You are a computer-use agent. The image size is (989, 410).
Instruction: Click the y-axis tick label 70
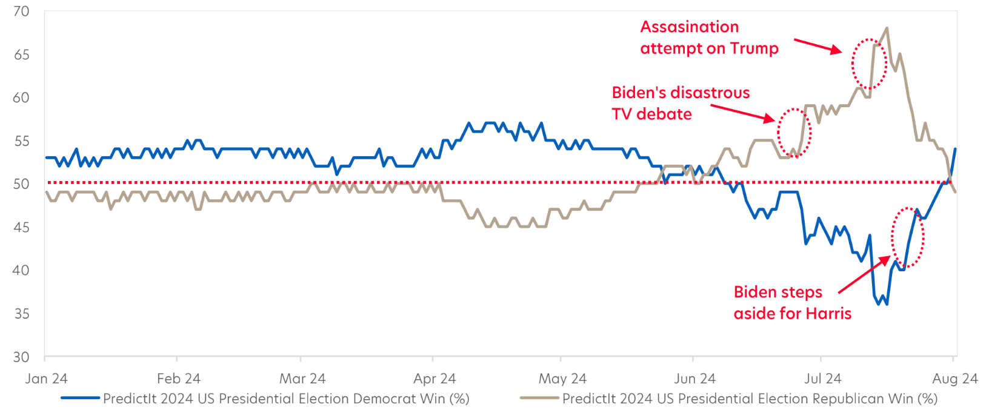(x=21, y=12)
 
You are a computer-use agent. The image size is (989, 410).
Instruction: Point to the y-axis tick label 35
(x=21, y=314)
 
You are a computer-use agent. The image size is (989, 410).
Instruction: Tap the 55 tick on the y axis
(x=21, y=141)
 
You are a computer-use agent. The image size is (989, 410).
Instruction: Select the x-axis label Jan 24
(x=46, y=379)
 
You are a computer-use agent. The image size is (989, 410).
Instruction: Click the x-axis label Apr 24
(x=435, y=379)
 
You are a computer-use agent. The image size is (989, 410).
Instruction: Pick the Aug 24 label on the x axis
(x=954, y=379)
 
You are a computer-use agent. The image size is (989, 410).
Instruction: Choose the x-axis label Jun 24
(x=694, y=379)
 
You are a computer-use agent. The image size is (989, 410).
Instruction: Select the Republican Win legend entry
(x=750, y=398)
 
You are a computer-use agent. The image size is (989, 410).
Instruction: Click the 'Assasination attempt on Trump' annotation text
(x=709, y=38)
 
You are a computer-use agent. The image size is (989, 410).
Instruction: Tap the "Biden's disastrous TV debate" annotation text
(x=681, y=103)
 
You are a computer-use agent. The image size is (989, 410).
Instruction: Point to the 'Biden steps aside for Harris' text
(x=792, y=303)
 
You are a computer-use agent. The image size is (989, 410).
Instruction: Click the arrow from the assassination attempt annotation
(x=818, y=46)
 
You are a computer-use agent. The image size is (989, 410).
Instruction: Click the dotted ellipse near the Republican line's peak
(x=870, y=64)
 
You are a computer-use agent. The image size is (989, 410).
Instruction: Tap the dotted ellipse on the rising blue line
(x=908, y=237)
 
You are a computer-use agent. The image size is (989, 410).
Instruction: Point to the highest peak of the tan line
(x=887, y=28)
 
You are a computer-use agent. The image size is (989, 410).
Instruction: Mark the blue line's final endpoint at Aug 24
(x=955, y=149)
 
